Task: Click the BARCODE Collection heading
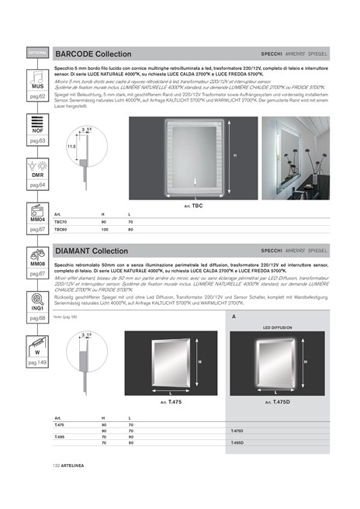[x=93, y=54]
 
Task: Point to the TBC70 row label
[x=61, y=222]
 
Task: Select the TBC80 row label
[x=61, y=230]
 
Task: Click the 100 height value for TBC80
[x=103, y=230]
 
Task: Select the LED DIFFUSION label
[x=276, y=327]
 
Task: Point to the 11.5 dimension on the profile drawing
[x=71, y=145]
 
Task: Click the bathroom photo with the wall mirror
[x=296, y=154]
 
